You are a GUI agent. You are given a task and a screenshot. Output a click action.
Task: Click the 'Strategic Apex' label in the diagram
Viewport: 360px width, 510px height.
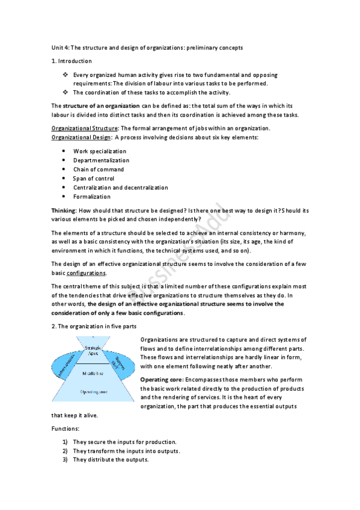tap(93, 350)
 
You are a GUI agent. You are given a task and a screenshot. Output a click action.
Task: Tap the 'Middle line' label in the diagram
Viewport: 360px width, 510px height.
tap(93, 373)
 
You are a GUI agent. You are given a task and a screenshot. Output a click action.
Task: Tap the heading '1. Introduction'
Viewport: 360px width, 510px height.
tap(72, 61)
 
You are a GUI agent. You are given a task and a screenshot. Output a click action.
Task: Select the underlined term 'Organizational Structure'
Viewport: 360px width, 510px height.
tap(84, 128)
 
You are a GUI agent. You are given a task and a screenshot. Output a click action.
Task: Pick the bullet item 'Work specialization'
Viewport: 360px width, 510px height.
tap(100, 151)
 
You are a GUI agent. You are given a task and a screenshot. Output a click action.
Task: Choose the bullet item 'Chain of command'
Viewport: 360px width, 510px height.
tap(99, 169)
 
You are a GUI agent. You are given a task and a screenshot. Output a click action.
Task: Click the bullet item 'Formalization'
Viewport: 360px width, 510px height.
tap(92, 196)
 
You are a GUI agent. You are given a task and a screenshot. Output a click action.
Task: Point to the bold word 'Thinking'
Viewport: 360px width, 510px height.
tap(64, 210)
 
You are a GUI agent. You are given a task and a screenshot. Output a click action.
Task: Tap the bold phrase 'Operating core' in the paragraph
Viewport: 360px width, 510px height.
tap(161, 380)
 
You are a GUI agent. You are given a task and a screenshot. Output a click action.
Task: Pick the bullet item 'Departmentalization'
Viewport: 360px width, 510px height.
tap(101, 160)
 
